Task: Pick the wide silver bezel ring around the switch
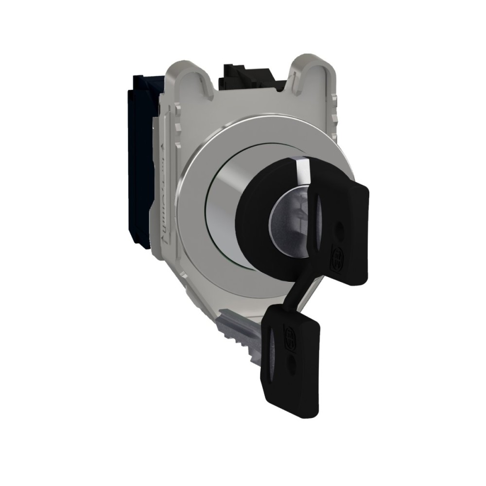tap(194, 214)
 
